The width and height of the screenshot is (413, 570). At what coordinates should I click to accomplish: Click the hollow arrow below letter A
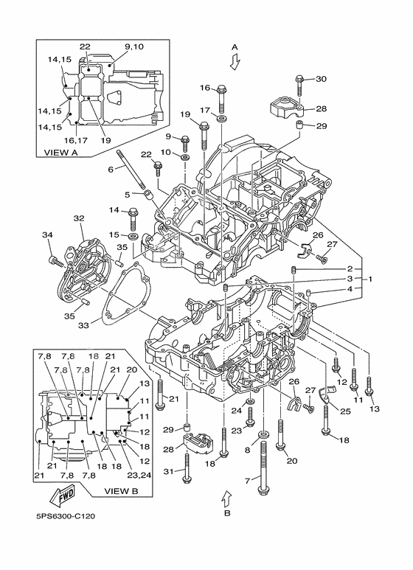(235, 61)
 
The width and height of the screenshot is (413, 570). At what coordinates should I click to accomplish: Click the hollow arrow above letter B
(226, 498)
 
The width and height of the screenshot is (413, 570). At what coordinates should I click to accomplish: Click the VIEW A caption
(60, 153)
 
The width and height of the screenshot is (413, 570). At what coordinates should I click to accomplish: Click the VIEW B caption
(121, 491)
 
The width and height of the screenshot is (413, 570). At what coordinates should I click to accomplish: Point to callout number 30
(321, 79)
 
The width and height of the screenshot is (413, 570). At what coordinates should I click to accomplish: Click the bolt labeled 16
(222, 98)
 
